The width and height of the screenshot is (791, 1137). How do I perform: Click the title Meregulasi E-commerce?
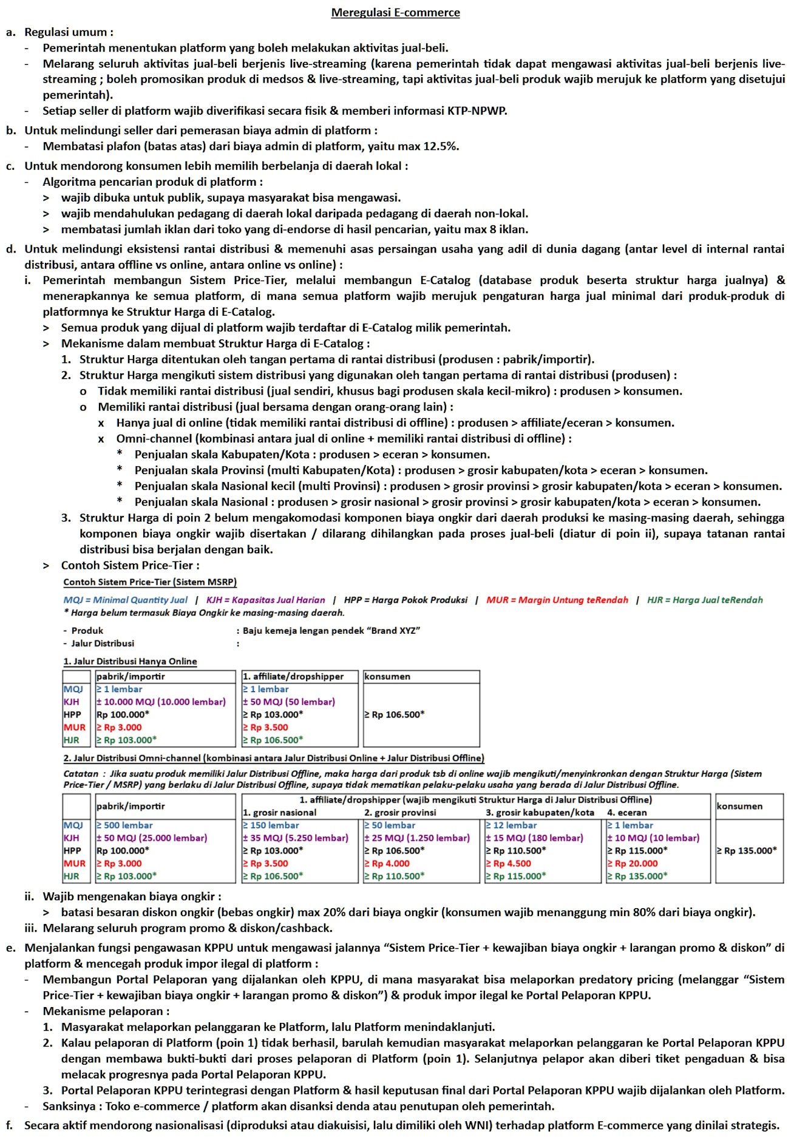click(x=395, y=13)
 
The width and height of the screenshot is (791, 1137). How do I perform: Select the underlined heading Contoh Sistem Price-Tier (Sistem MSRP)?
click(x=150, y=582)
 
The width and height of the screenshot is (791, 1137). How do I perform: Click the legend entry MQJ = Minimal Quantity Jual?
click(x=126, y=600)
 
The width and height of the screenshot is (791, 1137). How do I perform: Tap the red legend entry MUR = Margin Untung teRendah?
click(x=557, y=600)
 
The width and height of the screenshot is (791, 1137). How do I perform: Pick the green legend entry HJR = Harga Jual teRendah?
click(x=704, y=600)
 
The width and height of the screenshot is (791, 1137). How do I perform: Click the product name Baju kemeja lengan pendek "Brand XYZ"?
click(x=331, y=631)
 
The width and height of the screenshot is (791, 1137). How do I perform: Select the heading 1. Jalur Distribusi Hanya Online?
click(x=130, y=661)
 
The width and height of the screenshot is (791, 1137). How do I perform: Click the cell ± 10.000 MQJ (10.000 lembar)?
click(x=161, y=702)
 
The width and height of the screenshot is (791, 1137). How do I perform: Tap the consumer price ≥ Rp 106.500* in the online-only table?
click(x=394, y=714)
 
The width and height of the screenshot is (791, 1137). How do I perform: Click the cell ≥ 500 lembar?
click(x=124, y=826)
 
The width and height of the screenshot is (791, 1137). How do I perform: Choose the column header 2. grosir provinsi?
click(x=399, y=813)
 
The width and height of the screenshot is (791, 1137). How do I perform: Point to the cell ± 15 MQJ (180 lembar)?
click(x=534, y=838)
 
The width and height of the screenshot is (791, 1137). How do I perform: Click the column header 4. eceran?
click(x=626, y=813)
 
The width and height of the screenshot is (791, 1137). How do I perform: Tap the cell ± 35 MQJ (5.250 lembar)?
click(x=296, y=838)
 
